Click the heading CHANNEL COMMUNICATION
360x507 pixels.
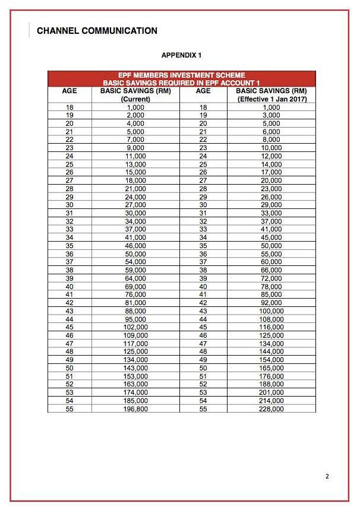(97, 31)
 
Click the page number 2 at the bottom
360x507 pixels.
(327, 476)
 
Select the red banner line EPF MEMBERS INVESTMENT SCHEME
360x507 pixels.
(181, 75)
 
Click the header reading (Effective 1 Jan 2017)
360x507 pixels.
(271, 99)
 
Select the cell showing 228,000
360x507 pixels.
(271, 409)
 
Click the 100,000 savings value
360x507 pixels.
(271, 310)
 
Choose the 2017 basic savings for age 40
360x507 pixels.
(271, 286)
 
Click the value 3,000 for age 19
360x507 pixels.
(271, 115)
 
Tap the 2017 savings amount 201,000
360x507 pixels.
(271, 392)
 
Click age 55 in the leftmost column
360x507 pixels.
(69, 409)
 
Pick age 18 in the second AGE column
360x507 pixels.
(203, 106)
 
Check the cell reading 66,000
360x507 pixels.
(271, 270)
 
